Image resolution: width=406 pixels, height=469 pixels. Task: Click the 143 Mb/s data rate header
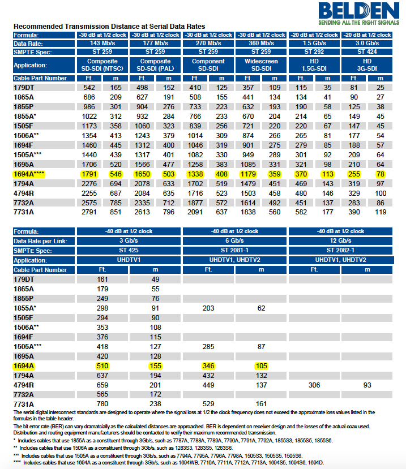[x=103, y=43]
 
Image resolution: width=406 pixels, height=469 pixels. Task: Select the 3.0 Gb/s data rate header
[x=367, y=43]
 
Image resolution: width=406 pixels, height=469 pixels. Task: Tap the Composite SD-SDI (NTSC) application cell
[x=103, y=65]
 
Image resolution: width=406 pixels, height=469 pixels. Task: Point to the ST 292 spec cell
[x=314, y=51]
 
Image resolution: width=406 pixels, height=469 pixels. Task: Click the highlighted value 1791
[x=89, y=174]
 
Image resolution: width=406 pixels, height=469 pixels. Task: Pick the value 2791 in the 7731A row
[x=89, y=212]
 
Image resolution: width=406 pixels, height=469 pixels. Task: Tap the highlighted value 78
[x=381, y=174]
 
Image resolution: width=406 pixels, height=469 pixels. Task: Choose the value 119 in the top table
[x=381, y=212]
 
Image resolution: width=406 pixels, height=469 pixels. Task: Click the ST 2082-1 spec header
[x=340, y=250]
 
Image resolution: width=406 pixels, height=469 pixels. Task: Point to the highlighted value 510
[x=102, y=366]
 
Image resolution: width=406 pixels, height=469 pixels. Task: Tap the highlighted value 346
[x=209, y=366]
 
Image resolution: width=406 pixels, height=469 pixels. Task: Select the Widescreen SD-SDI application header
[x=261, y=65]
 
